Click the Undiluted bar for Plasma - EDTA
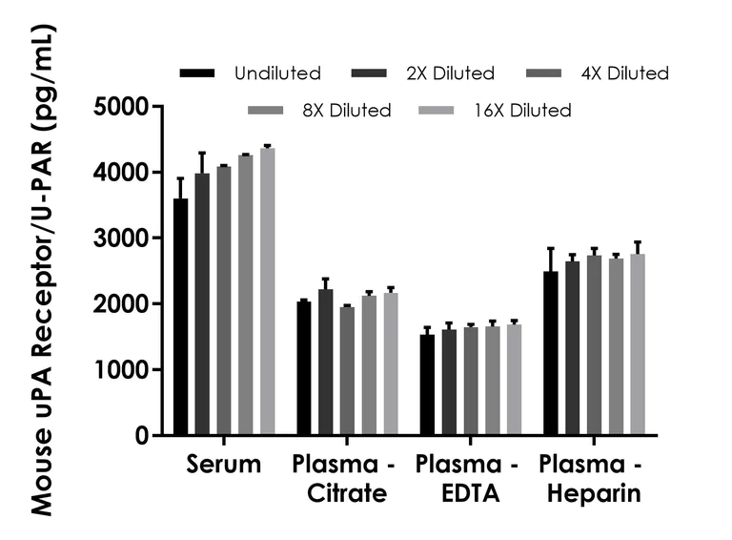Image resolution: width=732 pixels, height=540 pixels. (427, 385)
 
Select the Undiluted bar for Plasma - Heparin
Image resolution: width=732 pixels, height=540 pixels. (550, 354)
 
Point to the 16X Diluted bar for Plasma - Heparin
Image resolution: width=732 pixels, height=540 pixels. (638, 344)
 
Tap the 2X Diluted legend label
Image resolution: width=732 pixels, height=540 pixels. (451, 73)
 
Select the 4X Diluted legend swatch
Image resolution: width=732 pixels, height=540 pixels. (555, 73)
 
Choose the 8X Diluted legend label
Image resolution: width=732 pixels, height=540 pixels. (347, 111)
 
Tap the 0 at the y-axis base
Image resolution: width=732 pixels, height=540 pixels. (141, 436)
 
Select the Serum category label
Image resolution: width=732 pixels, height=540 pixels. (223, 466)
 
